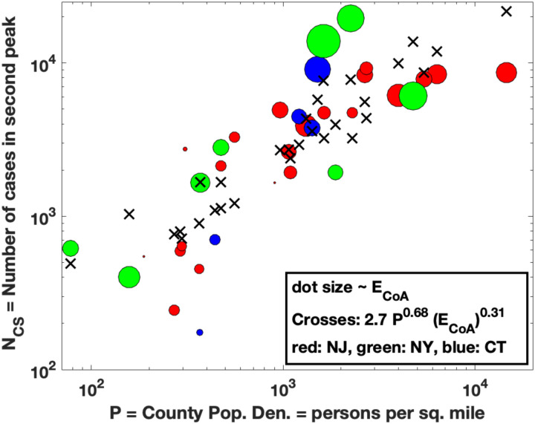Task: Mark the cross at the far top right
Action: coord(507,11)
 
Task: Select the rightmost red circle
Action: coord(506,72)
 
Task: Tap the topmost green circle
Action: coord(350,19)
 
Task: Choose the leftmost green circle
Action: coord(70,248)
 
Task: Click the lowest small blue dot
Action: coord(200,332)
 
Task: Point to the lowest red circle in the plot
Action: coord(174,310)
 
